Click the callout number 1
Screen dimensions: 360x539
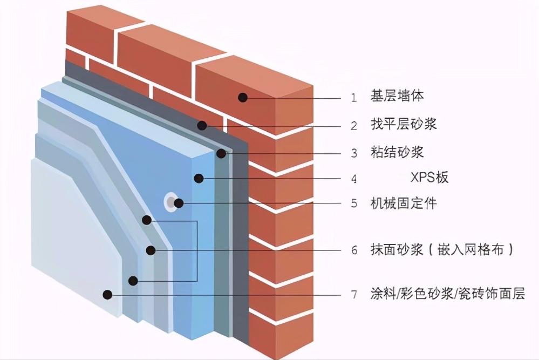click(x=354, y=98)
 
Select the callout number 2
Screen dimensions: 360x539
click(x=354, y=126)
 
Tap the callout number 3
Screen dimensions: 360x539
click(x=354, y=153)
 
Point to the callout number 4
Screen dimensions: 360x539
click(x=354, y=179)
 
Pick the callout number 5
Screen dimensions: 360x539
click(x=354, y=204)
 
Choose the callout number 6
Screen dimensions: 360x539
click(x=354, y=250)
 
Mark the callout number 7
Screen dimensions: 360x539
click(x=354, y=295)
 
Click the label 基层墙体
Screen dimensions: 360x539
click(x=397, y=97)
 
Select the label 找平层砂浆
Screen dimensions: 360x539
click(x=404, y=125)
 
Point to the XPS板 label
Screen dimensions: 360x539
click(x=429, y=178)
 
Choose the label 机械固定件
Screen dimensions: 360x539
click(x=404, y=203)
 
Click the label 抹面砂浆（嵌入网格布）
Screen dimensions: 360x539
click(x=441, y=250)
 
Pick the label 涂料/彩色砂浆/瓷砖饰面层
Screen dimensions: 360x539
click(x=448, y=294)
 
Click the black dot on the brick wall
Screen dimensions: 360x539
click(x=243, y=98)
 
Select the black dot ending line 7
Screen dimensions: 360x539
click(x=108, y=295)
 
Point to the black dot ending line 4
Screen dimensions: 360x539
click(x=199, y=178)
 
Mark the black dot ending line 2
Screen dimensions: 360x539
click(x=202, y=126)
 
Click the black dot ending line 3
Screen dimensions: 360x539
click(x=221, y=153)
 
